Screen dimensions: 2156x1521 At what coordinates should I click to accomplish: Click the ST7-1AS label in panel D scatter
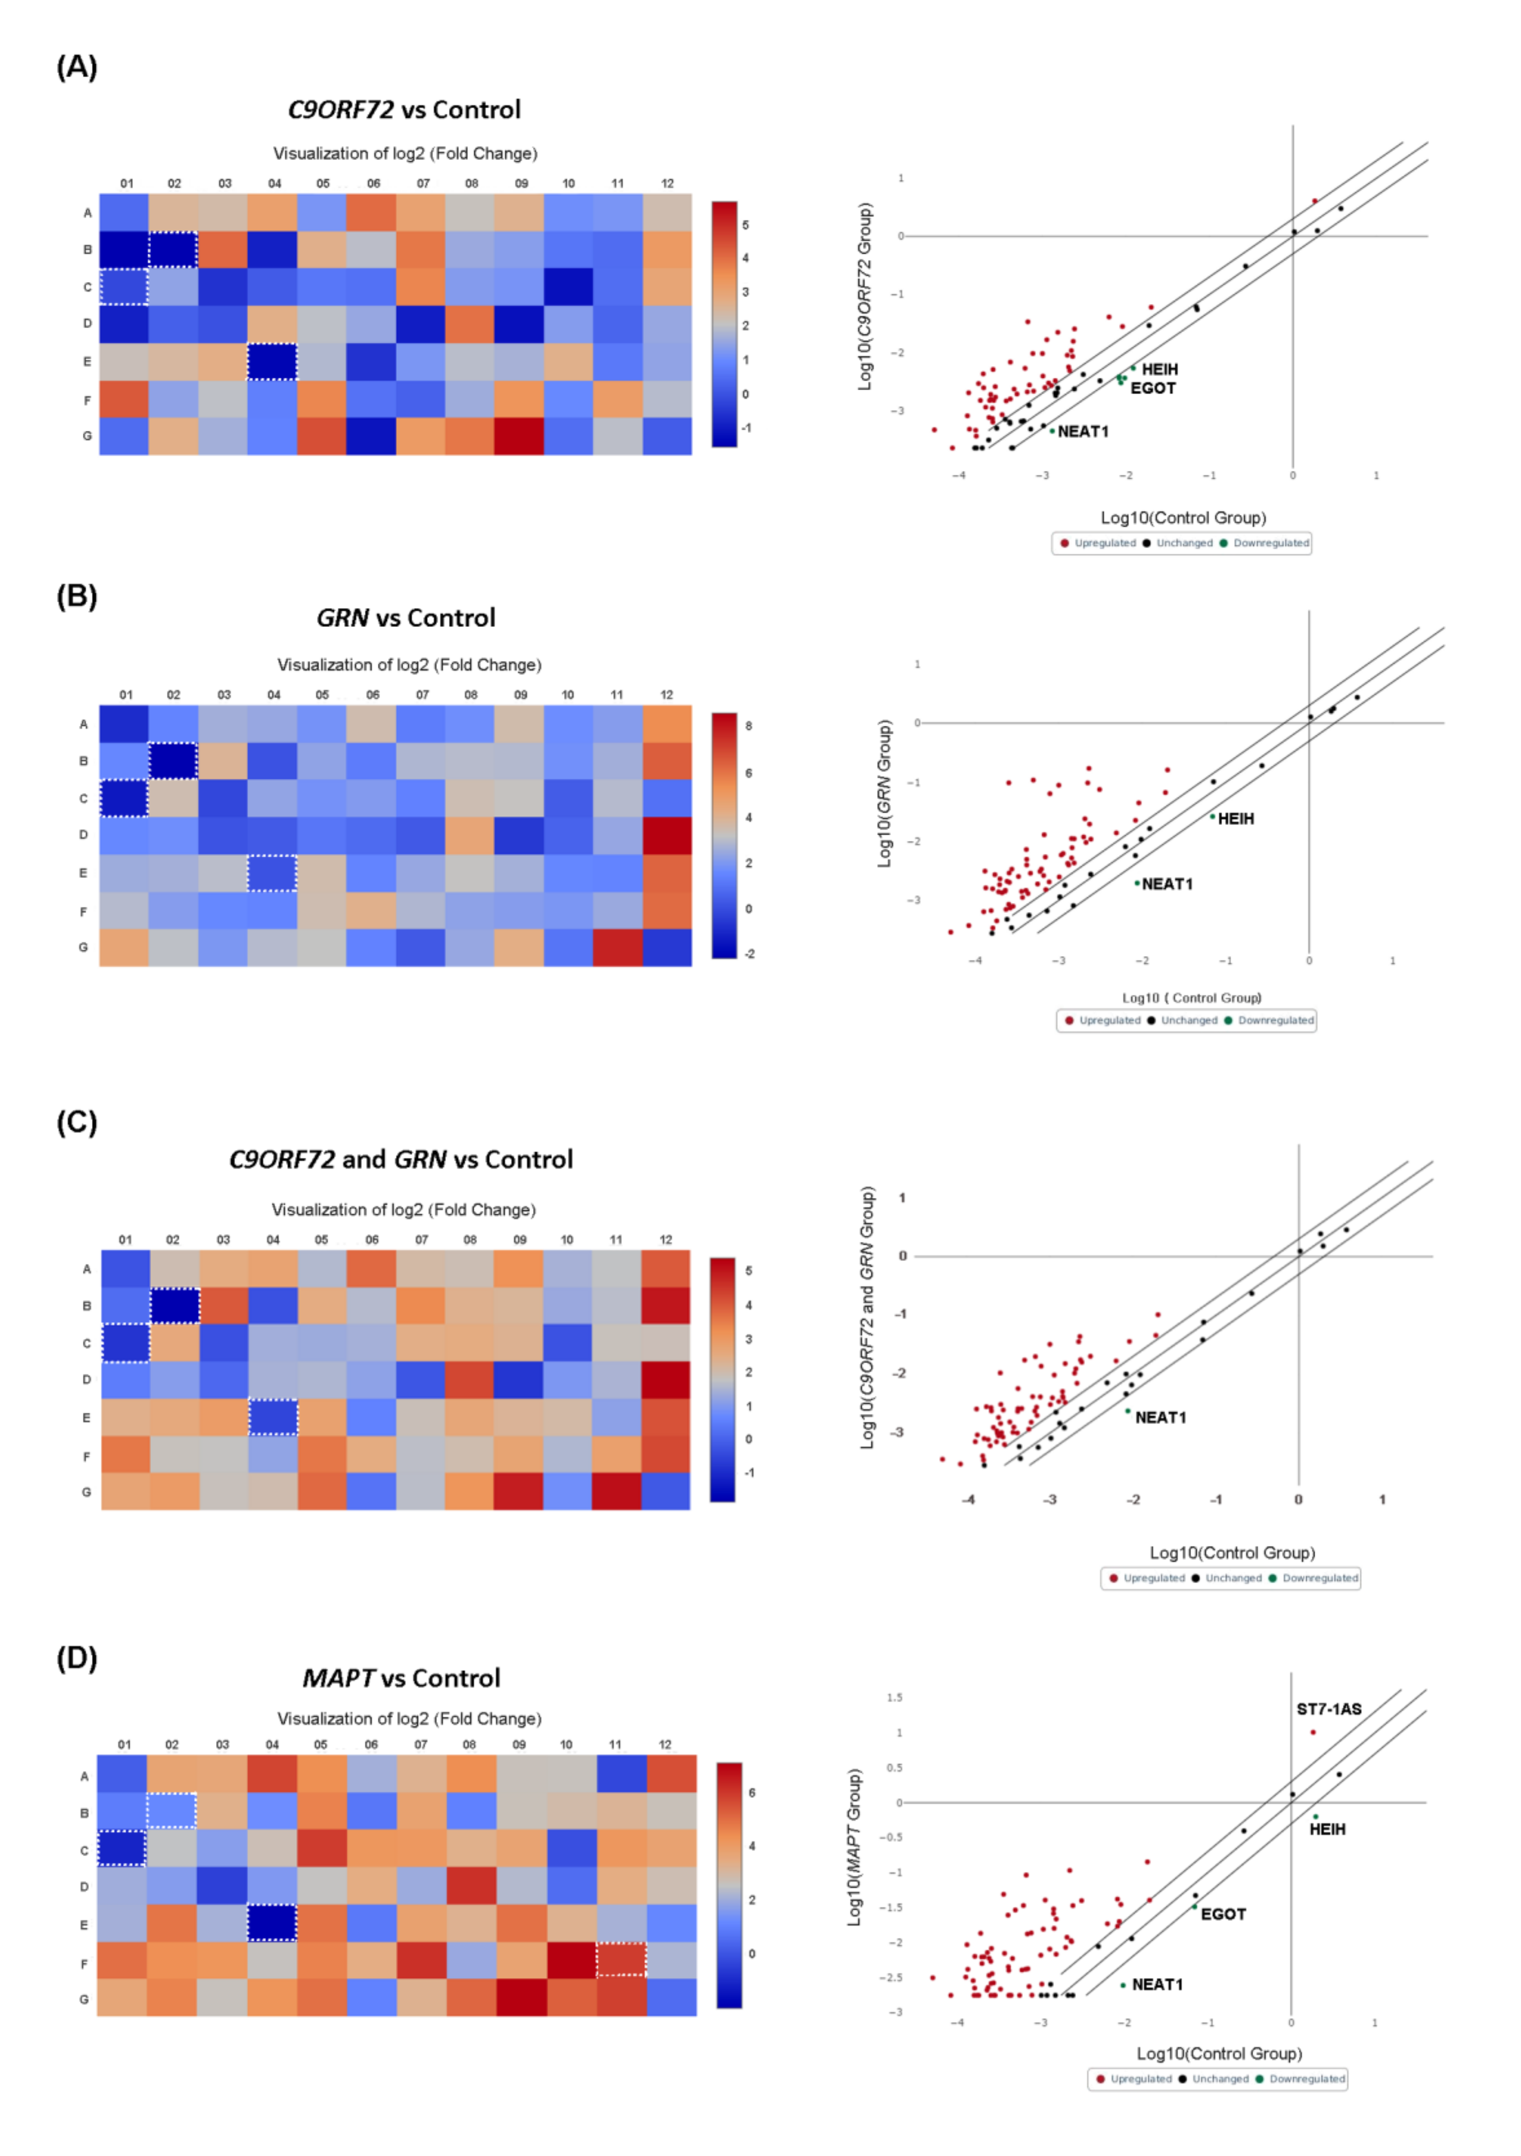[x=1327, y=1709]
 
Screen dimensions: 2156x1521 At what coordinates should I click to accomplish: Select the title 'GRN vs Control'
[x=406, y=618]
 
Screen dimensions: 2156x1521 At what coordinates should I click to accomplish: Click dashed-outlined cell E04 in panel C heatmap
[x=273, y=1417]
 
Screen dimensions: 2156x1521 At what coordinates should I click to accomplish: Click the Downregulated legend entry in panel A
[x=1269, y=543]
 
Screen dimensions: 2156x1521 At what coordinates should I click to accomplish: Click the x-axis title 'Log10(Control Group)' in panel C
[x=1232, y=1553]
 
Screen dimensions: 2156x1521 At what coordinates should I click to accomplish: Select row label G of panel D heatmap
[x=84, y=1999]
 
